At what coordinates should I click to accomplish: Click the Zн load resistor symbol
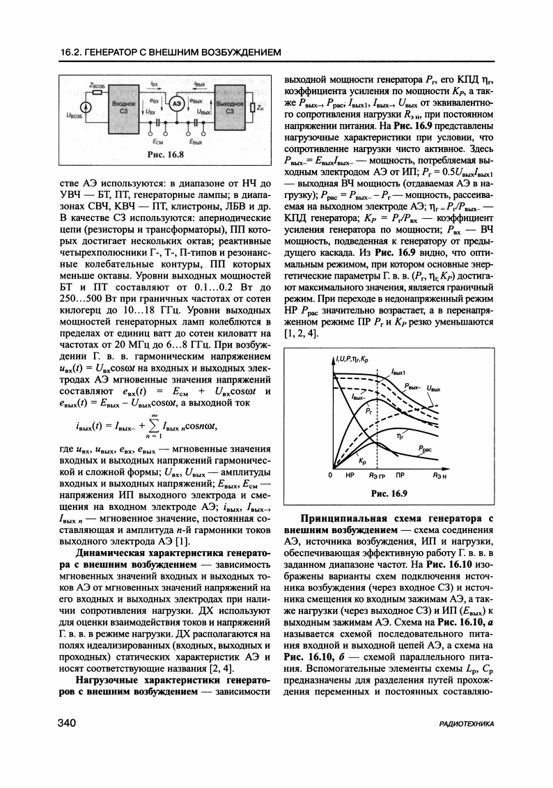point(251,108)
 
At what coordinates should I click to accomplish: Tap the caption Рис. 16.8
point(166,155)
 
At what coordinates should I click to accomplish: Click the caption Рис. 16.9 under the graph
point(389,494)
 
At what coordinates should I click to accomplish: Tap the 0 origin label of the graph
point(331,475)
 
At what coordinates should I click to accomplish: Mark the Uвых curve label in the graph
point(435,388)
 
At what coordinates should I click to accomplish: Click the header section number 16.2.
point(72,52)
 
